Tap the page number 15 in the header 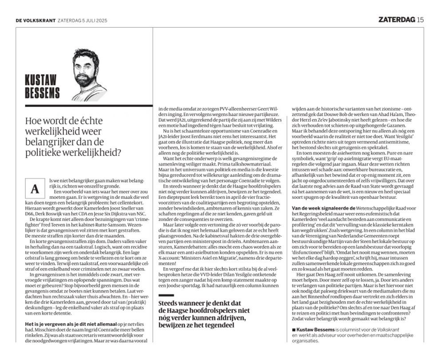pos(420,20)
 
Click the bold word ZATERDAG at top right pos(396,20)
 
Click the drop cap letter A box pos(32,189)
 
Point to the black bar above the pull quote pos(167,296)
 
